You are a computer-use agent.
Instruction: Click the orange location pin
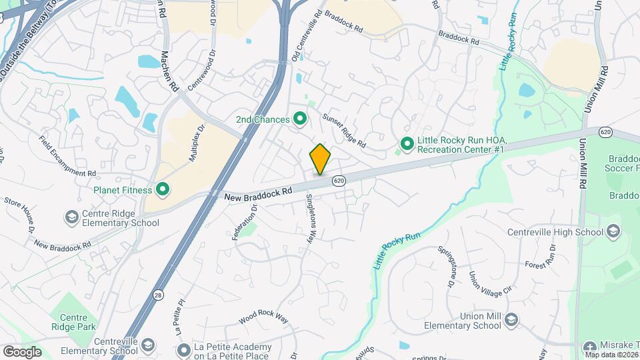pyautogui.click(x=320, y=159)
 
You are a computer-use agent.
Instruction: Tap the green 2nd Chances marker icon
pyautogui.click(x=300, y=119)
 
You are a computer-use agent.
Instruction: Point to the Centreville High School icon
pyautogui.click(x=613, y=232)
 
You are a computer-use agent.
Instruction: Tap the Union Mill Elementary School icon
pyautogui.click(x=511, y=319)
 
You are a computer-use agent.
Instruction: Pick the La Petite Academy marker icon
pyautogui.click(x=185, y=349)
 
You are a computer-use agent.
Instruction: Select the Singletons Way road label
pyautogui.click(x=313, y=218)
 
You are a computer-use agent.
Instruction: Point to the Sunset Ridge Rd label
pyautogui.click(x=344, y=131)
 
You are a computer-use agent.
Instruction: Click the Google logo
pyautogui.click(x=22, y=351)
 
